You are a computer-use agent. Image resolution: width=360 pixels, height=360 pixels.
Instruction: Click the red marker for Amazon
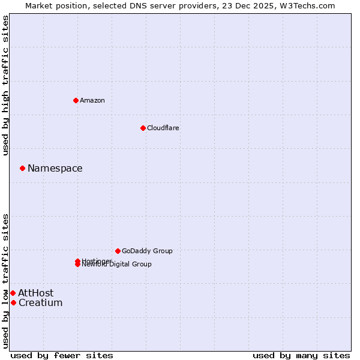tap(76, 100)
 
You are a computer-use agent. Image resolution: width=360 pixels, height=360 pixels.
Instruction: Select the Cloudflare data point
tap(143, 128)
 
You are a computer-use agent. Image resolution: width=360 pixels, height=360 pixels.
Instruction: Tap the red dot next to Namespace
tap(22, 168)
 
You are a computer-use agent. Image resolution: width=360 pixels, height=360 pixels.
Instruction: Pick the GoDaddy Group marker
tap(118, 251)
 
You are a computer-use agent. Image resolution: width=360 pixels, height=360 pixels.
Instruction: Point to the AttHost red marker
tap(13, 293)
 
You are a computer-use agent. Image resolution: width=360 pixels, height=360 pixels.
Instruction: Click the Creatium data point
tap(13, 302)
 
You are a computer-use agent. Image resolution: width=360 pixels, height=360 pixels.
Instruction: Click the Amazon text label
tap(92, 100)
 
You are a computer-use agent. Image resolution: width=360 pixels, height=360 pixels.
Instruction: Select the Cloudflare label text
tap(163, 128)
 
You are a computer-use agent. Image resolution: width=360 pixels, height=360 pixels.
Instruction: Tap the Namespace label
tap(55, 168)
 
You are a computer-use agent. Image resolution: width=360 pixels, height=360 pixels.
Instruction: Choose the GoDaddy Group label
tap(147, 251)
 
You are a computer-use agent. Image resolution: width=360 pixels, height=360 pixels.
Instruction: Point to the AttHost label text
tap(35, 293)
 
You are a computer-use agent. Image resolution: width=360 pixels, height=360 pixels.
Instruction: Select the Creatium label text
tap(40, 302)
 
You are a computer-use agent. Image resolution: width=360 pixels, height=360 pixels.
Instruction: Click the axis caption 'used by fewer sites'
tap(62, 355)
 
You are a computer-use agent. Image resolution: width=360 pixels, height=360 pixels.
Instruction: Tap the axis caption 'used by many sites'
tap(301, 355)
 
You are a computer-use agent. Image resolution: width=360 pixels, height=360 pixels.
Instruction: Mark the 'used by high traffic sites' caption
tap(6, 85)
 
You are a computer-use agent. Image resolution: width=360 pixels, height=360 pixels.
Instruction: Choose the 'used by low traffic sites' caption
tap(6, 280)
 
